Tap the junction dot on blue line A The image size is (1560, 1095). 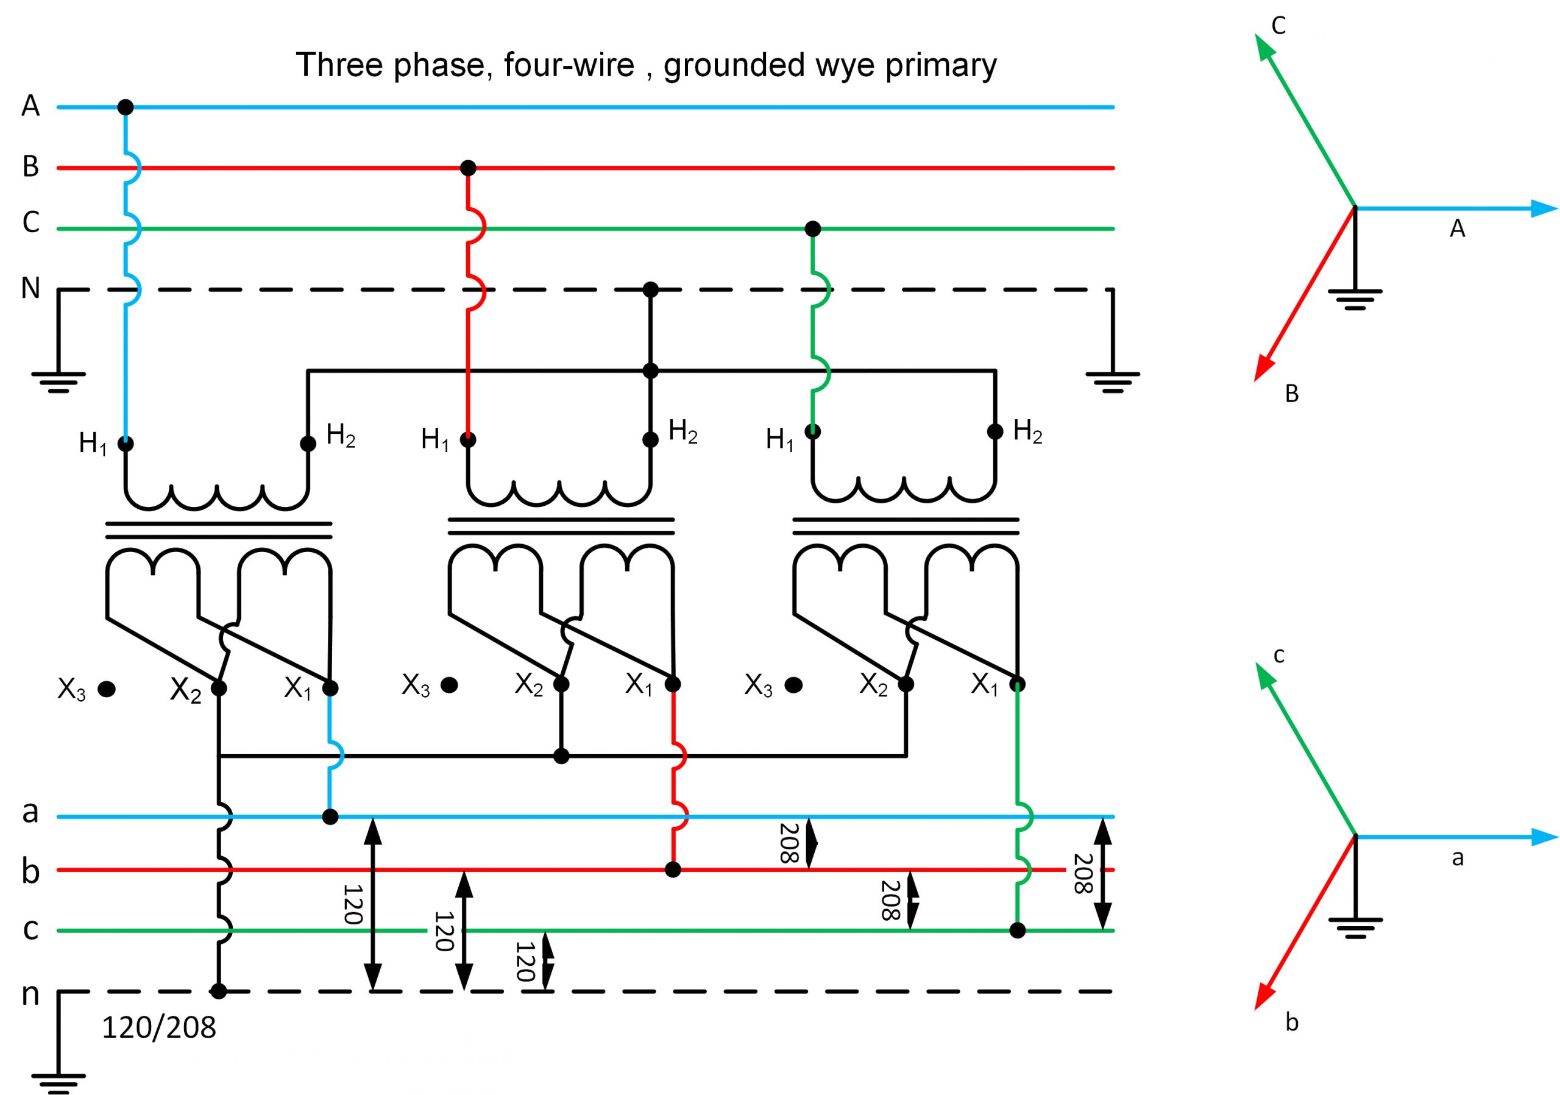[125, 107]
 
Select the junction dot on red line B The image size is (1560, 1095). [467, 168]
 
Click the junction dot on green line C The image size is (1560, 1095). [812, 229]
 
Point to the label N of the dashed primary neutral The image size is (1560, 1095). [30, 288]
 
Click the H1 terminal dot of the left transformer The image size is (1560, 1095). [125, 444]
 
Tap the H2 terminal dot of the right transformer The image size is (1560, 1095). [994, 431]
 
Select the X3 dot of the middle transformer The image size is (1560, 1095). [449, 685]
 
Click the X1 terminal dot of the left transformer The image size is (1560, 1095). [330, 689]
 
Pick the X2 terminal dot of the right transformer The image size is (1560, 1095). [906, 684]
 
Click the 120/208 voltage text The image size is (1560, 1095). [159, 1029]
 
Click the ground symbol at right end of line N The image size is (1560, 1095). [1112, 380]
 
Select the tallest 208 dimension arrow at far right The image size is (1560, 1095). [1104, 874]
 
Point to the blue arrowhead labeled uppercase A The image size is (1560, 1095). [1542, 208]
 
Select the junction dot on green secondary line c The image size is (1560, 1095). [1017, 930]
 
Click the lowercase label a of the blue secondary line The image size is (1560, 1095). [30, 811]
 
